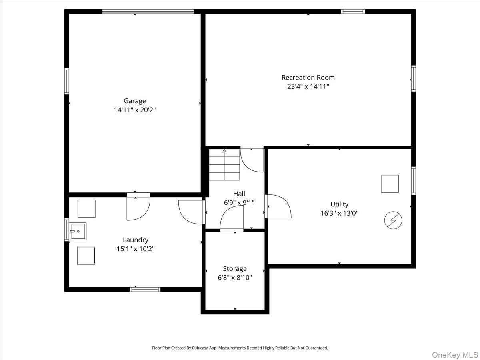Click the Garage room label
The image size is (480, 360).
(x=135, y=101)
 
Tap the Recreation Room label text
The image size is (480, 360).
(x=308, y=77)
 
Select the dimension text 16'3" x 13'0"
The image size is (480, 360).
(x=339, y=213)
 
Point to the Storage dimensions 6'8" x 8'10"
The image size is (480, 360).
(x=235, y=278)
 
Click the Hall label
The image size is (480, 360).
(x=239, y=194)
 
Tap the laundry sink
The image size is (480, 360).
(x=78, y=231)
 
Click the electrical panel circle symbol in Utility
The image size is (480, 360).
(x=393, y=220)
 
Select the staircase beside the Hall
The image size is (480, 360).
(x=224, y=165)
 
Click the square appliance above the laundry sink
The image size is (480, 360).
(x=86, y=208)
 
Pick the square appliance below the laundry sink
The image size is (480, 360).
(x=86, y=256)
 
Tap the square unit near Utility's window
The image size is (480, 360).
(x=390, y=184)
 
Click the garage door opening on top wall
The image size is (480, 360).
(x=148, y=11)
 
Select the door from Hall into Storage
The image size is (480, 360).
(x=232, y=218)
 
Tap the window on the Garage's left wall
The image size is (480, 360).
(x=66, y=81)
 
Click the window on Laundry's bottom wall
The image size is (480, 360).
(x=145, y=289)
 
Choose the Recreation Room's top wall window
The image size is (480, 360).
(x=353, y=11)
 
